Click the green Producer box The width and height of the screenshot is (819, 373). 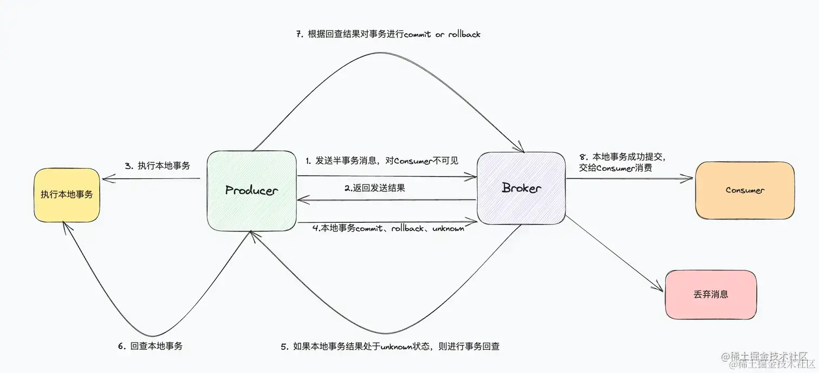tap(251, 190)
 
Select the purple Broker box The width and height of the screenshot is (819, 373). tap(521, 188)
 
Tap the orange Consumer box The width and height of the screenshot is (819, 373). tap(745, 190)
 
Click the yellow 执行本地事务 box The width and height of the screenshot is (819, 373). tap(67, 195)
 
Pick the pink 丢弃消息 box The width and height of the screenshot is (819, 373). tap(711, 294)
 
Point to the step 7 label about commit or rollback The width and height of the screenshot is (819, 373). tap(388, 34)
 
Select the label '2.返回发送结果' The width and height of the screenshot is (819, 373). tap(375, 188)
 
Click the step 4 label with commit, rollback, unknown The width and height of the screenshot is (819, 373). tap(388, 229)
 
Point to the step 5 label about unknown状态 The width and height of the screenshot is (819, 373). tap(389, 346)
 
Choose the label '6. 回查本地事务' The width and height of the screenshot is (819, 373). tap(150, 345)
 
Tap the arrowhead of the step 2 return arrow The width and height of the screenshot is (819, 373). tap(300, 201)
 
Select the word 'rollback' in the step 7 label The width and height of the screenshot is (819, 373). tap(464, 34)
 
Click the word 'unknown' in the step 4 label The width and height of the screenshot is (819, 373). tap(448, 229)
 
